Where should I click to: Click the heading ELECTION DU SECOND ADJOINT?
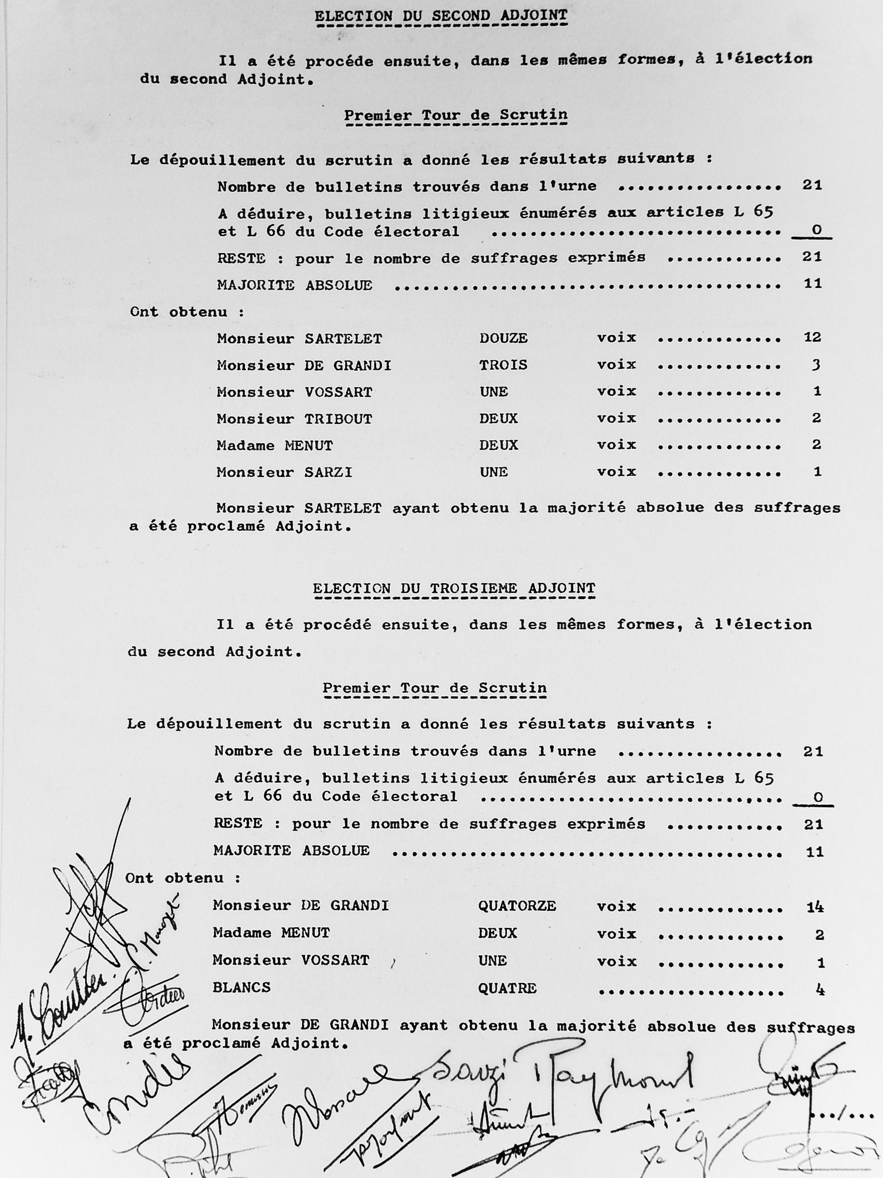441,16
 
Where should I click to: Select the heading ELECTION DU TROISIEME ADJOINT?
453,589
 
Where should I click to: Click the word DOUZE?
503,338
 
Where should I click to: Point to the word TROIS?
503,365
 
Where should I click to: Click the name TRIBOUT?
338,419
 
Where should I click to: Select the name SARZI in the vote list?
329,472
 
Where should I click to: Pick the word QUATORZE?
517,906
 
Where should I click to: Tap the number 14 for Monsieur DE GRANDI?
815,906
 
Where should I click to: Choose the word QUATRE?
507,988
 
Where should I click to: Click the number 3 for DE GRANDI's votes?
816,365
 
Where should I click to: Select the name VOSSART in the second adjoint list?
338,392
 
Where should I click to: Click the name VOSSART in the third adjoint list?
335,960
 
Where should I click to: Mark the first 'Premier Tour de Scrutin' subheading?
456,115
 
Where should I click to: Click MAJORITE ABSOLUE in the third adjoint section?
291,850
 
